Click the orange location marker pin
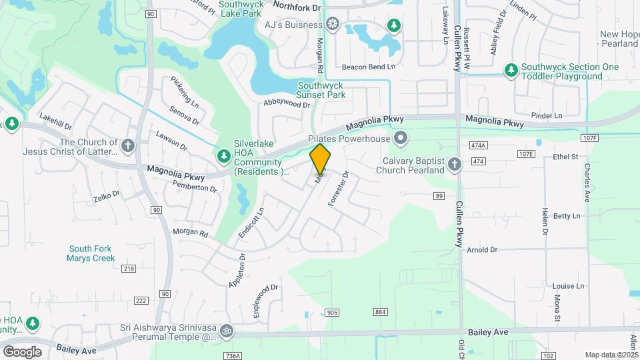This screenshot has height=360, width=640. click(x=321, y=159)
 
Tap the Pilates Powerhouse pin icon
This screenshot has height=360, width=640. click(x=400, y=139)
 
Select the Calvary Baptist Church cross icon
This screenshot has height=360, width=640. click(x=455, y=165)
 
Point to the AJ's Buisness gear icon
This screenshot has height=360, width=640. click(x=332, y=25)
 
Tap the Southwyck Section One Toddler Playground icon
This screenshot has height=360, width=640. click(x=511, y=69)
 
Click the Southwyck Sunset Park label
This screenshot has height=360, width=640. click(x=321, y=90)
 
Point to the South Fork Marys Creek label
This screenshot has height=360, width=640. click(x=91, y=253)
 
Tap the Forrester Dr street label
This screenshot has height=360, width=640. click(x=338, y=189)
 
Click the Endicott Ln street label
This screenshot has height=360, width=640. click(x=252, y=223)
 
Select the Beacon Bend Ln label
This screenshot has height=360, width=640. click(x=369, y=67)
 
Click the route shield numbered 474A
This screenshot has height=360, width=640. click(x=478, y=145)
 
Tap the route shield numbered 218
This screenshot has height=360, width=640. click(x=129, y=269)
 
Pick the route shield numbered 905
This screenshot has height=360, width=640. click(x=333, y=313)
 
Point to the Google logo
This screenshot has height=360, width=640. click(x=22, y=351)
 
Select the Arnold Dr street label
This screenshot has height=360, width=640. click(x=483, y=249)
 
